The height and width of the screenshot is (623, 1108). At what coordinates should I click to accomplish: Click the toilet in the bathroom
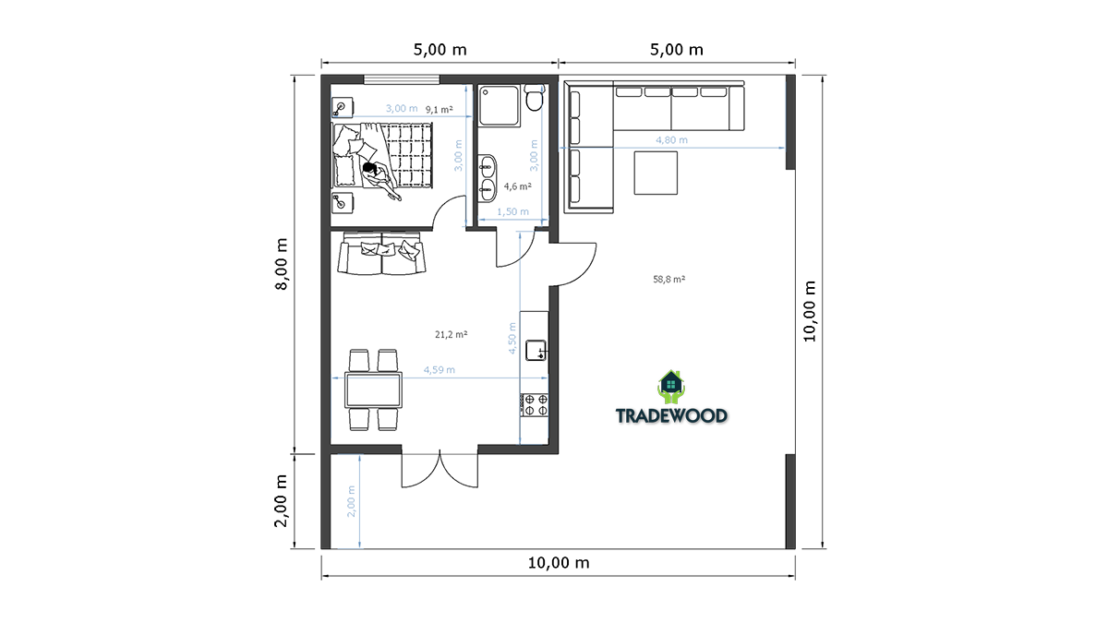click(x=534, y=98)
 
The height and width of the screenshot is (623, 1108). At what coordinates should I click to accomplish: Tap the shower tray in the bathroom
click(x=500, y=105)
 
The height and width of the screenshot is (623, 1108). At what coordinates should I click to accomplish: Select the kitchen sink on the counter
click(x=536, y=350)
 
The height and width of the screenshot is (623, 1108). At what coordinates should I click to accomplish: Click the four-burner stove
click(x=535, y=405)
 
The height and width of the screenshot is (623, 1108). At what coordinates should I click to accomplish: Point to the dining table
click(x=373, y=390)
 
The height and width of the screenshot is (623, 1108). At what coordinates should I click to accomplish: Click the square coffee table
click(x=656, y=174)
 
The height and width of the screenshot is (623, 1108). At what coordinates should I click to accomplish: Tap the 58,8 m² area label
click(x=668, y=280)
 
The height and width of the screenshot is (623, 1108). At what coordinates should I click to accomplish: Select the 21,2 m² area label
click(x=452, y=335)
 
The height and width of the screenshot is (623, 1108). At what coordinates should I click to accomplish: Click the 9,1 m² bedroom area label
click(x=440, y=110)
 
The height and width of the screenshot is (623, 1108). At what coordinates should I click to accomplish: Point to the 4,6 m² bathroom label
click(x=517, y=186)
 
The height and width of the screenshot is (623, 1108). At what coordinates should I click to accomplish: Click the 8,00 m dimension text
click(x=282, y=264)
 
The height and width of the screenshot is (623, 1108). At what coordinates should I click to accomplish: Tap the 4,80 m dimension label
click(x=672, y=140)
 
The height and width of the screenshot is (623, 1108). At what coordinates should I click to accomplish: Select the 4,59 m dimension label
click(x=440, y=370)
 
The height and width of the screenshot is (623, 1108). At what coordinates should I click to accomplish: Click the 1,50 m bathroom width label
click(x=513, y=212)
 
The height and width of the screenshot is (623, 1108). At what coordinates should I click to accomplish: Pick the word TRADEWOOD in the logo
click(x=672, y=416)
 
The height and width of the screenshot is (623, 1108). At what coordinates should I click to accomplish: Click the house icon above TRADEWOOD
click(x=670, y=387)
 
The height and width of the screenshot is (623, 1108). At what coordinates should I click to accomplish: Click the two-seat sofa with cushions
click(x=381, y=255)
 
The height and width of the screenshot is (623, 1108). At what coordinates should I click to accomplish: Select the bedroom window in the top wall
click(x=402, y=79)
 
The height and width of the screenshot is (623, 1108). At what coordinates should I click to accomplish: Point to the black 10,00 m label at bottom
click(x=559, y=563)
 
